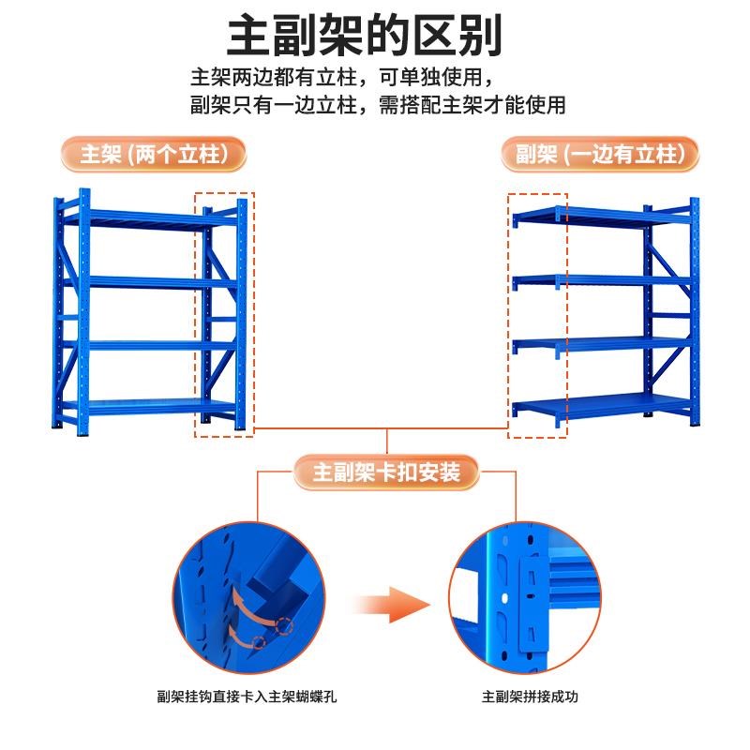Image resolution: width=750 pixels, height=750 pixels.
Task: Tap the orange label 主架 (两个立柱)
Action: [x=154, y=154]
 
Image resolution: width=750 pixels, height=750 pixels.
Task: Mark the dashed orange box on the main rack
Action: [x=224, y=315]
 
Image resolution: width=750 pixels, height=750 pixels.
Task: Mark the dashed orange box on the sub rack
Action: [x=537, y=315]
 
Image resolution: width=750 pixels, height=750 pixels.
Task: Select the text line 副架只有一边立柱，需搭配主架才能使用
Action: [x=378, y=104]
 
